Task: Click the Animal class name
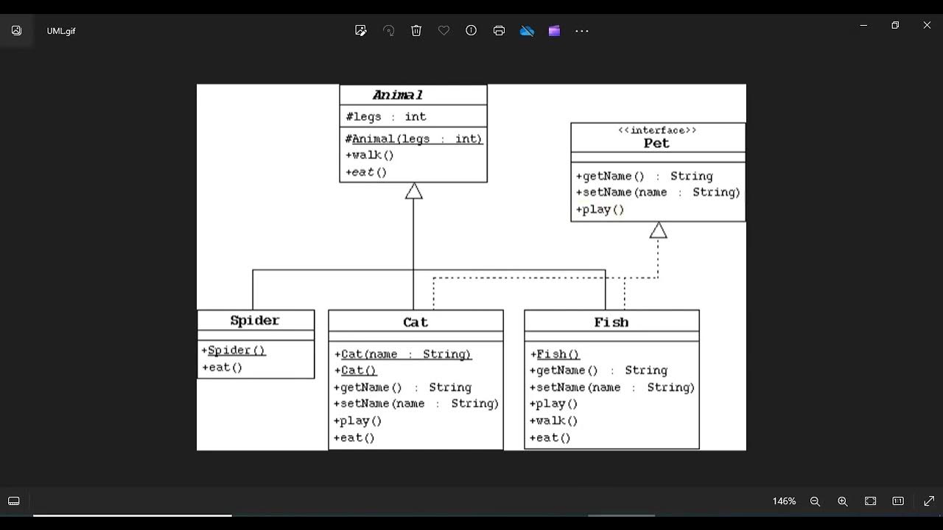pos(398,95)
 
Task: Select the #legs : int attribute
pos(386,116)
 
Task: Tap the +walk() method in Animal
pos(370,155)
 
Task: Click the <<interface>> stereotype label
pos(657,130)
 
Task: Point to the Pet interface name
pos(656,144)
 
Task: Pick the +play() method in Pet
pos(600,210)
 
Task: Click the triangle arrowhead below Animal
pos(413,191)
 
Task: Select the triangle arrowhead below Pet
pos(658,230)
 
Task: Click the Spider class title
pos(255,320)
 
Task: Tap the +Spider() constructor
pos(234,350)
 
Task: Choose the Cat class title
pos(416,322)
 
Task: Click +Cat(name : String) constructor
pos(402,354)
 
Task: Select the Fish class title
pos(611,322)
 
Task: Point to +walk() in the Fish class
pos(554,421)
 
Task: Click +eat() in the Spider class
pos(222,367)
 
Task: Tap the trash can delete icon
pos(416,31)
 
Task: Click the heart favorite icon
pos(444,31)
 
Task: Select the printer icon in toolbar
pos(499,31)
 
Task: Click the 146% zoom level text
pos(784,501)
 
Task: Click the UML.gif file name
pos(61,31)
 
